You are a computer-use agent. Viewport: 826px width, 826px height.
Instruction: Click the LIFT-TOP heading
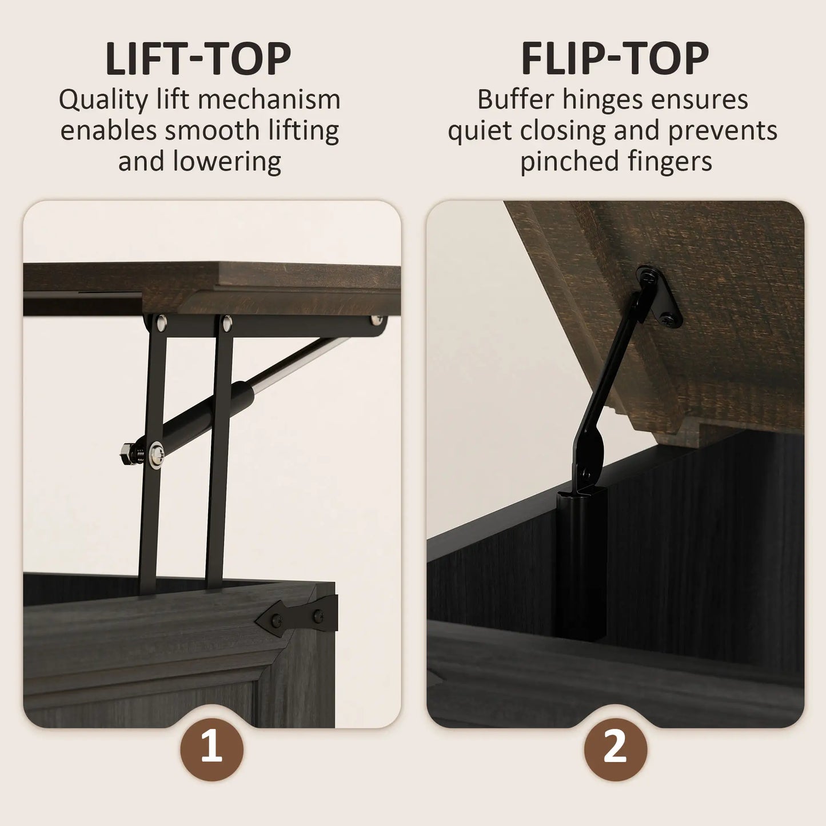click(198, 58)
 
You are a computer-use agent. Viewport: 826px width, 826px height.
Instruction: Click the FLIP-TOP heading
click(614, 58)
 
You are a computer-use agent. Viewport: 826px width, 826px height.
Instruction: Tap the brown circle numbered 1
click(212, 748)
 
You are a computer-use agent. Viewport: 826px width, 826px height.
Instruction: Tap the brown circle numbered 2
click(615, 748)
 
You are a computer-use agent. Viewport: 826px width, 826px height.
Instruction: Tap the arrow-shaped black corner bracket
click(300, 616)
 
